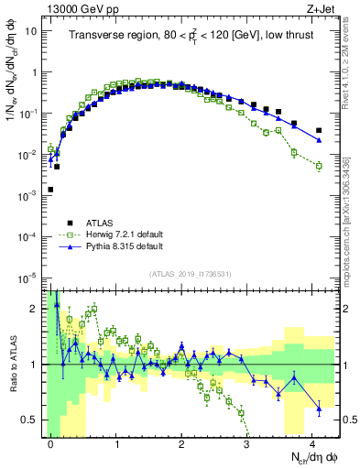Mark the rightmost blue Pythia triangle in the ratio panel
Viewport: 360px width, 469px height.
(x=319, y=408)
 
